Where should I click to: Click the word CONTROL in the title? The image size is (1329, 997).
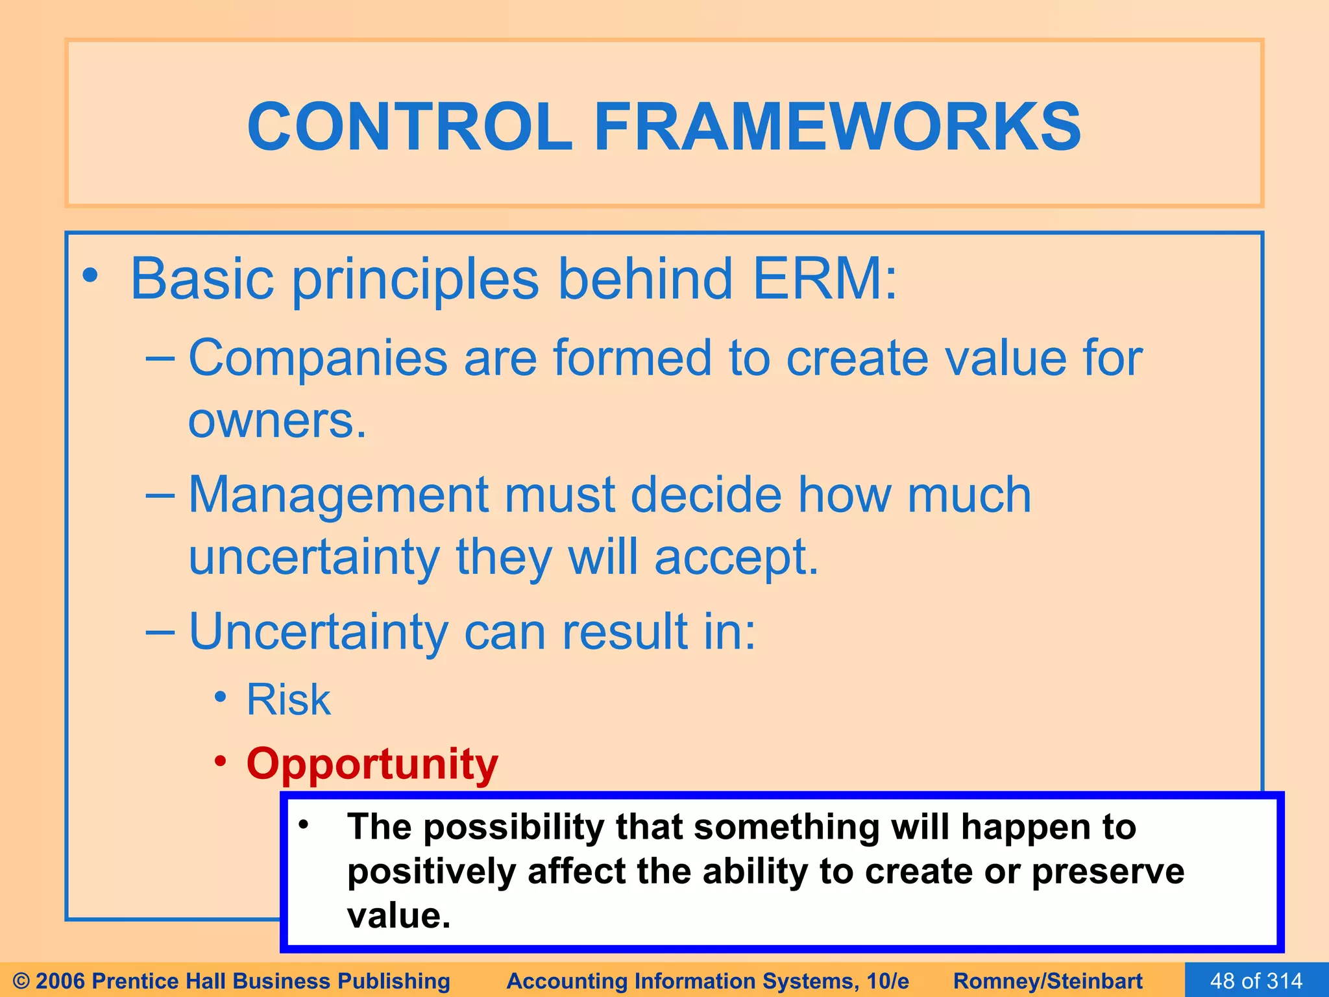[409, 127]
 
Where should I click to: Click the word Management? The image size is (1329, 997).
[337, 495]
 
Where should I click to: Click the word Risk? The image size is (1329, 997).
[288, 700]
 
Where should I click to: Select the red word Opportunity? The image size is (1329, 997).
[372, 765]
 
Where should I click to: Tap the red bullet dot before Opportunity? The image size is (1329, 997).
[221, 760]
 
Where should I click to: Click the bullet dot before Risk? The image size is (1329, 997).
[221, 697]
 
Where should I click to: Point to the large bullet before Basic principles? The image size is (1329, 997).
[90, 276]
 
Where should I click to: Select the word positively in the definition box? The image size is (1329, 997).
[431, 872]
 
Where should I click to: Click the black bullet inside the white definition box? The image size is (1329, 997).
[302, 824]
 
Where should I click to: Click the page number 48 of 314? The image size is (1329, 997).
[1256, 981]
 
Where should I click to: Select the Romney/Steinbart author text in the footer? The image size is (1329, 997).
[1047, 981]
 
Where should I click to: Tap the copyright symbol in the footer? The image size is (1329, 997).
[21, 981]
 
